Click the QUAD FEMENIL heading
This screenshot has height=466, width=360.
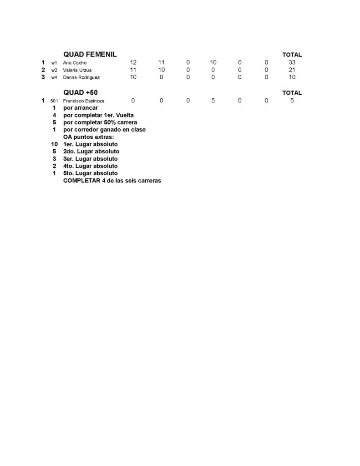[90, 54]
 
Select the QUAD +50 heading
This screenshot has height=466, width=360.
[81, 92]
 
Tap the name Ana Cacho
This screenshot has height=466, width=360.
[75, 63]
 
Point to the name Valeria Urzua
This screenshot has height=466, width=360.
[77, 70]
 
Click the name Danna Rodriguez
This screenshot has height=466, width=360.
[81, 77]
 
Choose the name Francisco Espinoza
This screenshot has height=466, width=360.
[84, 101]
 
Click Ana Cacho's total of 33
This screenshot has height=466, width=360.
[292, 62]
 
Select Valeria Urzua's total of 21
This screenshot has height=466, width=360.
[292, 70]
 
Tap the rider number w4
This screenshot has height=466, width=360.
[54, 77]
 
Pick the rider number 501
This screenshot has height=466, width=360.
[54, 101]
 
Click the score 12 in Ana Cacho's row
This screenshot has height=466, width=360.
[133, 62]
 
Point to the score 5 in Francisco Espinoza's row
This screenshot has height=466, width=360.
[213, 101]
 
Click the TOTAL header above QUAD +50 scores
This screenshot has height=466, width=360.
[292, 93]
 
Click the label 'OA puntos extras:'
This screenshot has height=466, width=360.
[89, 137]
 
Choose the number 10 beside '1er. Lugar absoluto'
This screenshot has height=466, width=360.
[54, 144]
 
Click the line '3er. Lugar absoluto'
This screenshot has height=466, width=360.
[91, 159]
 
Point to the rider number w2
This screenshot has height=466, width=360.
[54, 70]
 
